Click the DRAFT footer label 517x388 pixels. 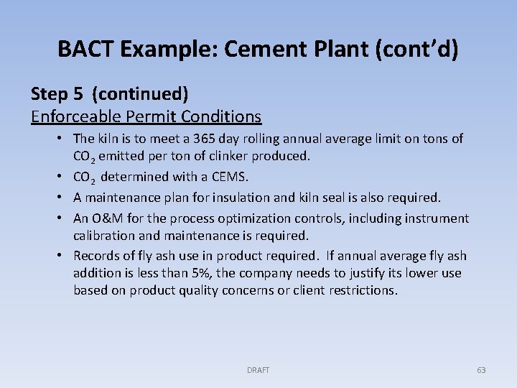(258, 370)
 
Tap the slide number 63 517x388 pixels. (481, 370)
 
